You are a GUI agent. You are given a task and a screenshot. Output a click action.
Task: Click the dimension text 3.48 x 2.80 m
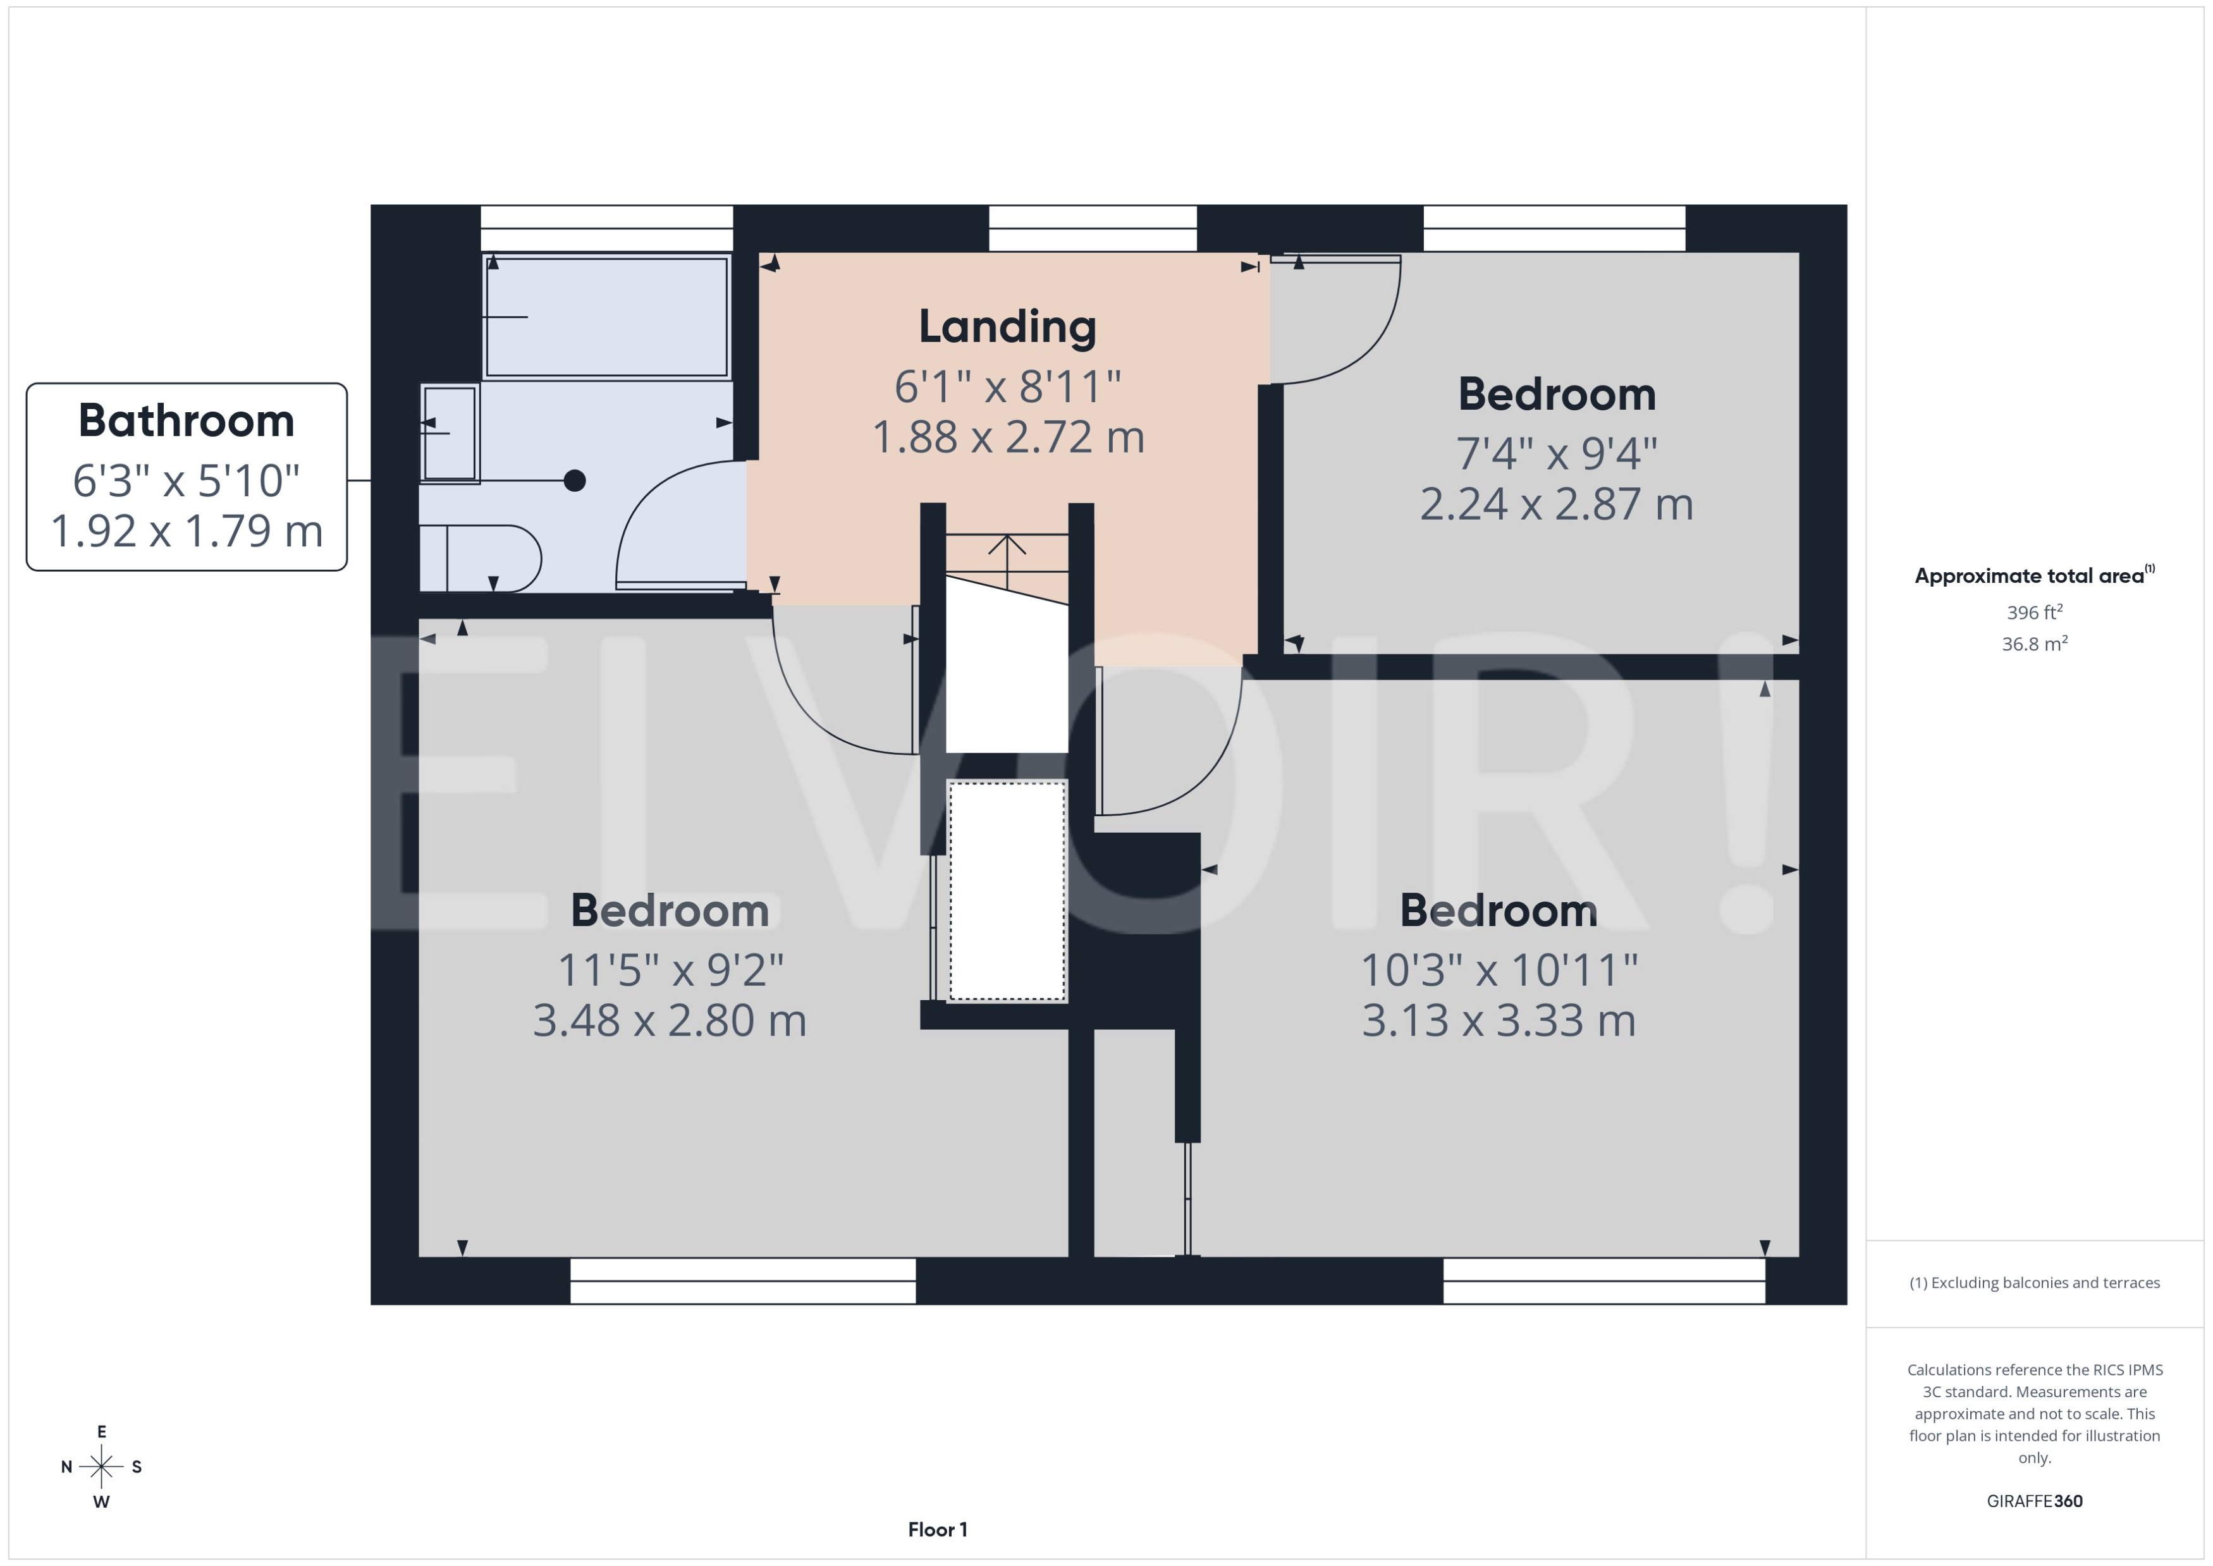tap(669, 1021)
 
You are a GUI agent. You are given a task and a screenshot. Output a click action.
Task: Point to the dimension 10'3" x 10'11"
tap(1499, 970)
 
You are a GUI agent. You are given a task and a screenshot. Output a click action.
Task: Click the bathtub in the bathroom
tap(606, 316)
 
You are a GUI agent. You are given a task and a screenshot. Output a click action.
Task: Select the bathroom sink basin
tap(450, 433)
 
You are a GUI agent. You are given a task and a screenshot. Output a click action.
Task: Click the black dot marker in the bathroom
tap(575, 480)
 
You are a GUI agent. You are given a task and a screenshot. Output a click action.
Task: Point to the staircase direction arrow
tap(1007, 558)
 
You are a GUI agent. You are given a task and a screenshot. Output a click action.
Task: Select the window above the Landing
tap(1093, 228)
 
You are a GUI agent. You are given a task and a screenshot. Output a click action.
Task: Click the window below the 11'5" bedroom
tap(742, 1281)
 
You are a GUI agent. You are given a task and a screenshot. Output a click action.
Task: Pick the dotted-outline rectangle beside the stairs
tap(1007, 891)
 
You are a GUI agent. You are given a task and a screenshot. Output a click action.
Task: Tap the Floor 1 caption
tap(937, 1529)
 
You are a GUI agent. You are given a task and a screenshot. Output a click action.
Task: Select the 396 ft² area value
tap(2035, 613)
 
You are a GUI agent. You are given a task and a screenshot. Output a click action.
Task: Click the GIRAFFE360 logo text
tap(2035, 1502)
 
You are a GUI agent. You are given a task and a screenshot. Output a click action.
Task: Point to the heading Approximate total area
tap(2029, 577)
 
